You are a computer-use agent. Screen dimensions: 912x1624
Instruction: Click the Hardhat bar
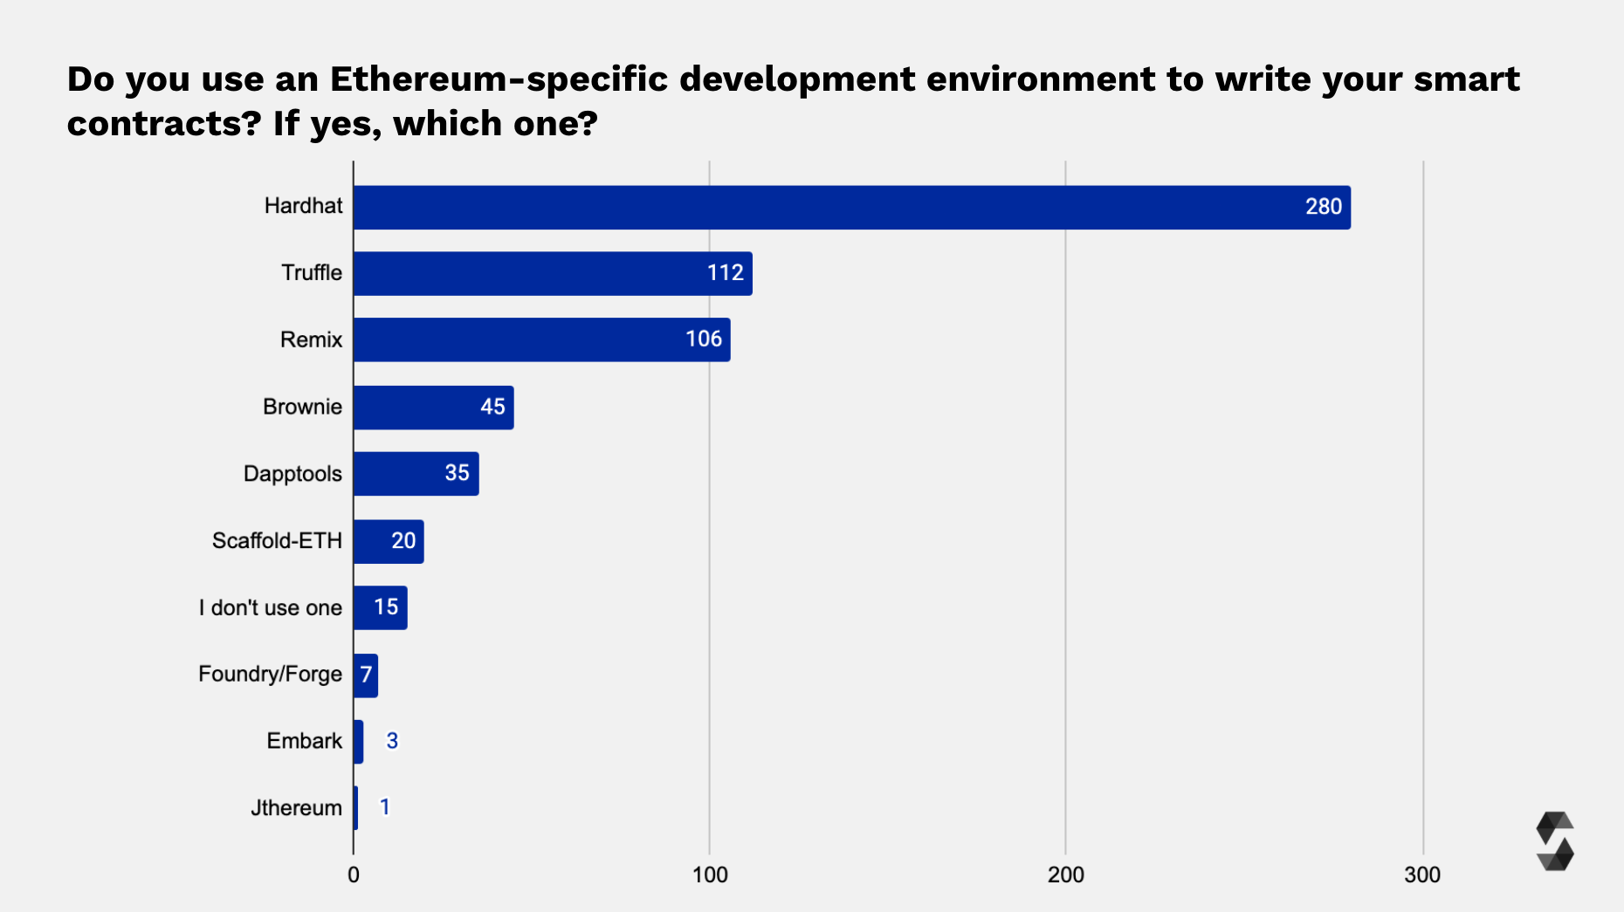pos(851,208)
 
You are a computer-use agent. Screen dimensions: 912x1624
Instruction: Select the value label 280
pos(1323,207)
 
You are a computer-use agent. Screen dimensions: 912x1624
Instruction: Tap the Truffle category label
pos(311,273)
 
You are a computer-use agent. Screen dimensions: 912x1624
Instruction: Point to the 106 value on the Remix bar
pos(703,339)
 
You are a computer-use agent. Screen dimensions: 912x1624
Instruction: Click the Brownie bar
pos(433,408)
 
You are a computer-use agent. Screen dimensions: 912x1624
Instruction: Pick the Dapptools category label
pos(292,474)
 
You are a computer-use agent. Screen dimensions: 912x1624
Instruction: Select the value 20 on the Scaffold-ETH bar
pos(403,541)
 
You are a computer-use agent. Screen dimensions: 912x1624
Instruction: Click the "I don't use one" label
pos(270,608)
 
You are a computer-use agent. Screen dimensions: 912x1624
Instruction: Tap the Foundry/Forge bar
pos(366,675)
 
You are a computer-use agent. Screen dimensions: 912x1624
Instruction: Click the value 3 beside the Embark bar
pos(392,741)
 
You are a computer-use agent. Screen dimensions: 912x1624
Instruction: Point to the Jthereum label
pos(296,808)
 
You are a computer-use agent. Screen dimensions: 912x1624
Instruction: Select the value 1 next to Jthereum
pos(384,807)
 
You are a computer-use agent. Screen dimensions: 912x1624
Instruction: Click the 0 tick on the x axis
pos(354,875)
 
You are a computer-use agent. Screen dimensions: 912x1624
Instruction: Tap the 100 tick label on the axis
pos(710,875)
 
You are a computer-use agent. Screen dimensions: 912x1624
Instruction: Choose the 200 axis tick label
pos(1066,875)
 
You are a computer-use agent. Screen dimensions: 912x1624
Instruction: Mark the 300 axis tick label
pos(1422,875)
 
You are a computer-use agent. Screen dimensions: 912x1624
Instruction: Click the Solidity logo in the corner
pos(1554,841)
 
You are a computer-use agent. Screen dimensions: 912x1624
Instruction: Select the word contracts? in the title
pos(164,124)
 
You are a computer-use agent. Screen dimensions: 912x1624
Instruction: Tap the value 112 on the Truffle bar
pos(725,273)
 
